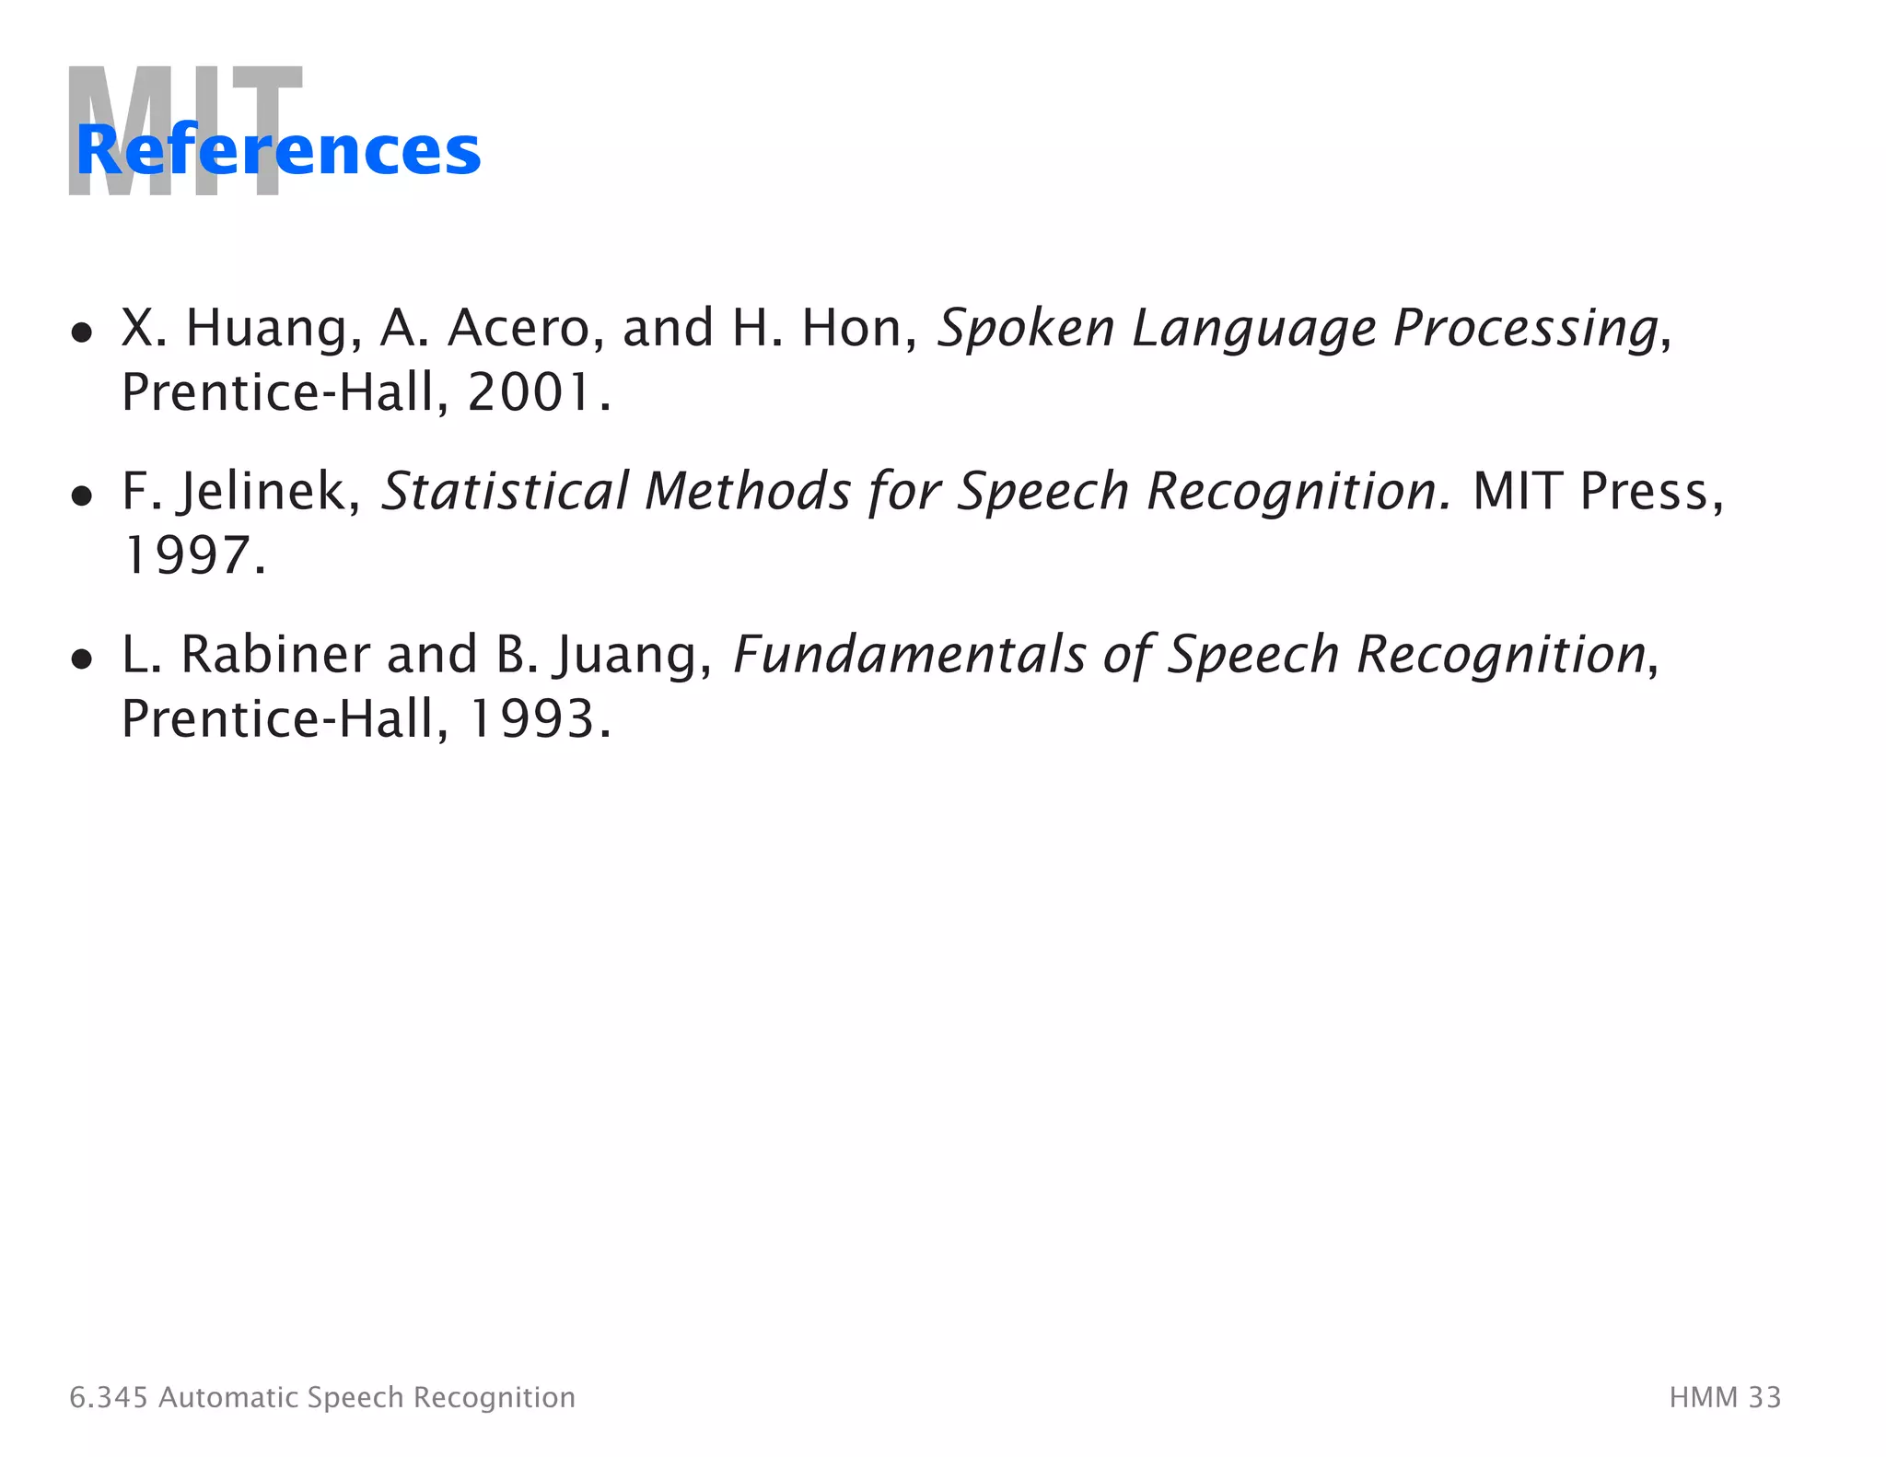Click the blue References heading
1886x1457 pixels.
[x=278, y=150]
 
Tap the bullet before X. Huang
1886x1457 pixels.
[x=82, y=332]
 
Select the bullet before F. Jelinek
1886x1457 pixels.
[x=82, y=495]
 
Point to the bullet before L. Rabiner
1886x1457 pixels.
[x=82, y=659]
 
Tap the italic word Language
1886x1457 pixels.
[x=1252, y=329]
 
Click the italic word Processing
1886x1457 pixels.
[x=1526, y=329]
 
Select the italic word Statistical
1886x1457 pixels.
[x=505, y=492]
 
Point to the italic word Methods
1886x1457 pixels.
[x=748, y=492]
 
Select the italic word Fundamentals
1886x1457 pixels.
[x=910, y=655]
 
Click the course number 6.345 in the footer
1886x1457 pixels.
[x=108, y=1397]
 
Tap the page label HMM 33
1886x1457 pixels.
[x=1725, y=1397]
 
